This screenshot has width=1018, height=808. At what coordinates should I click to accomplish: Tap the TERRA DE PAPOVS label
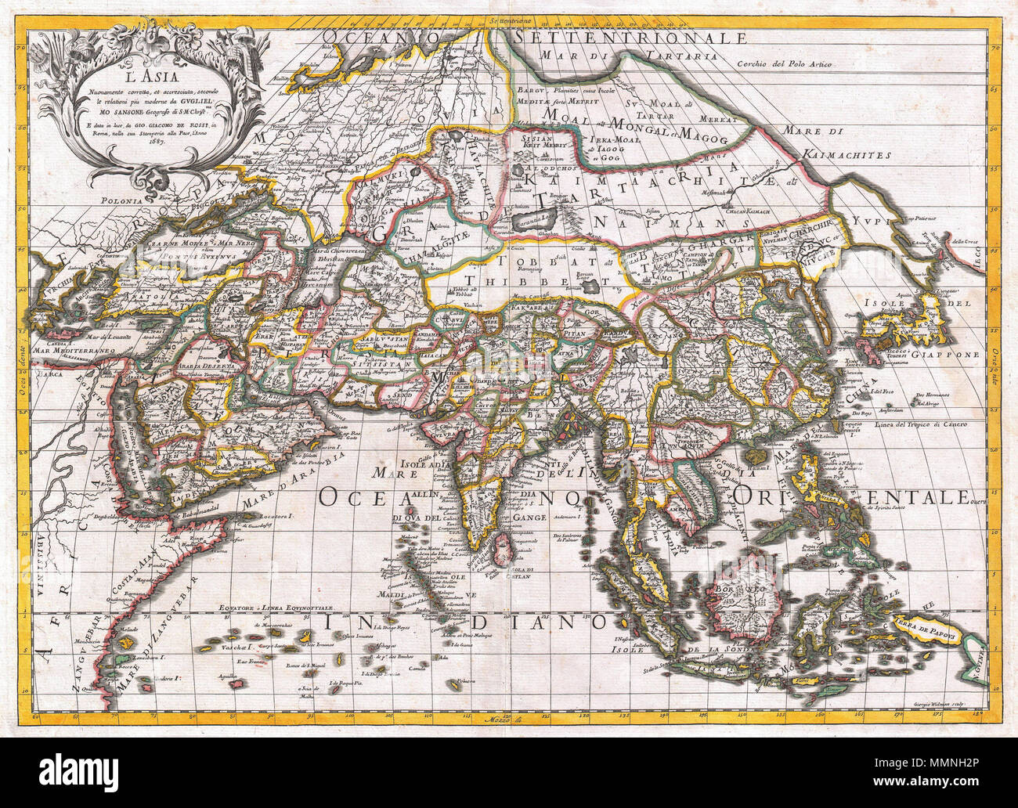point(939,631)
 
